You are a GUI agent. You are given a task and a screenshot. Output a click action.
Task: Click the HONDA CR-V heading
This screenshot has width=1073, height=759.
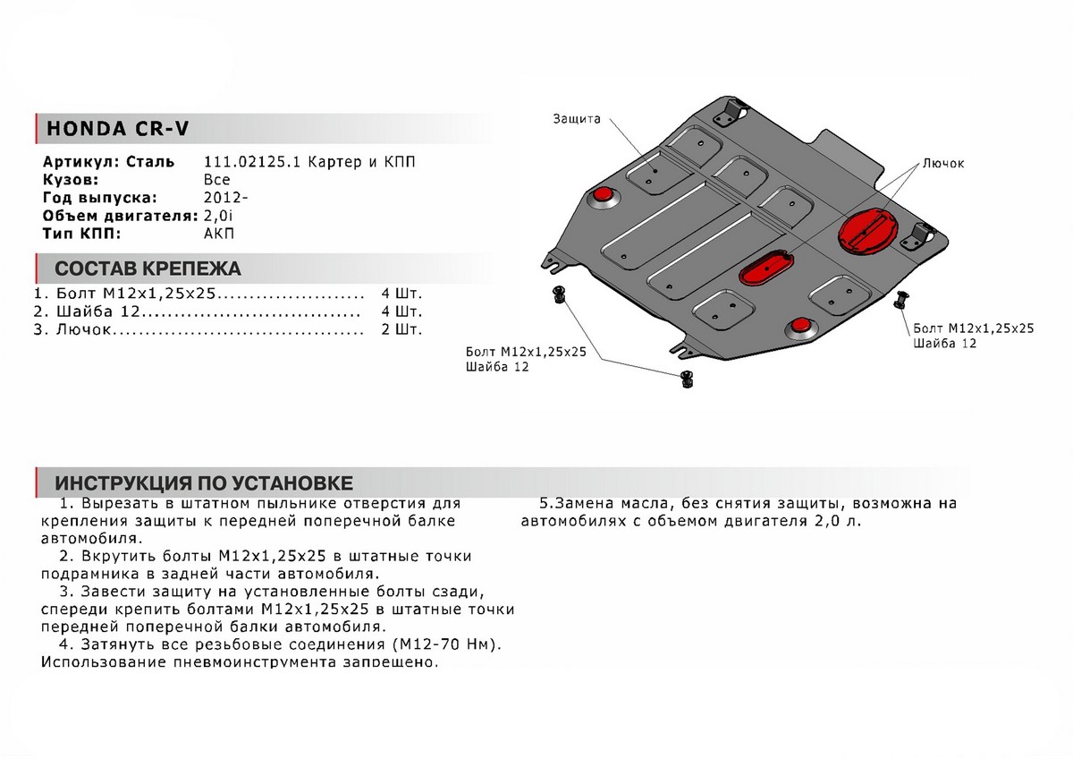117,129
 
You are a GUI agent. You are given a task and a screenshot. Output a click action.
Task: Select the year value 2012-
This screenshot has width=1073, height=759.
221,198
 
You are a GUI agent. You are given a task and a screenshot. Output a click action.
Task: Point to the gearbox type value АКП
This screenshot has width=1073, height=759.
218,234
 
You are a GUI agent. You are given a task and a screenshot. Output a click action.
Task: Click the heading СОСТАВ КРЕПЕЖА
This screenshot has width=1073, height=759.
148,269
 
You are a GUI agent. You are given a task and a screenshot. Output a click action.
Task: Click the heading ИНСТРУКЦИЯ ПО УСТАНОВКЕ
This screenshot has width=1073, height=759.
204,483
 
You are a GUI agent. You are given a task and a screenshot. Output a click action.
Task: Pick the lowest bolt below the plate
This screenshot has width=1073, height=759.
687,379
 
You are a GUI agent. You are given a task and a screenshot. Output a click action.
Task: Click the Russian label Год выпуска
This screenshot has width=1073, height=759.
100,198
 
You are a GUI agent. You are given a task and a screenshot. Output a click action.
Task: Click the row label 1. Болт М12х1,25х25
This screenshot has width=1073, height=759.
124,294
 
